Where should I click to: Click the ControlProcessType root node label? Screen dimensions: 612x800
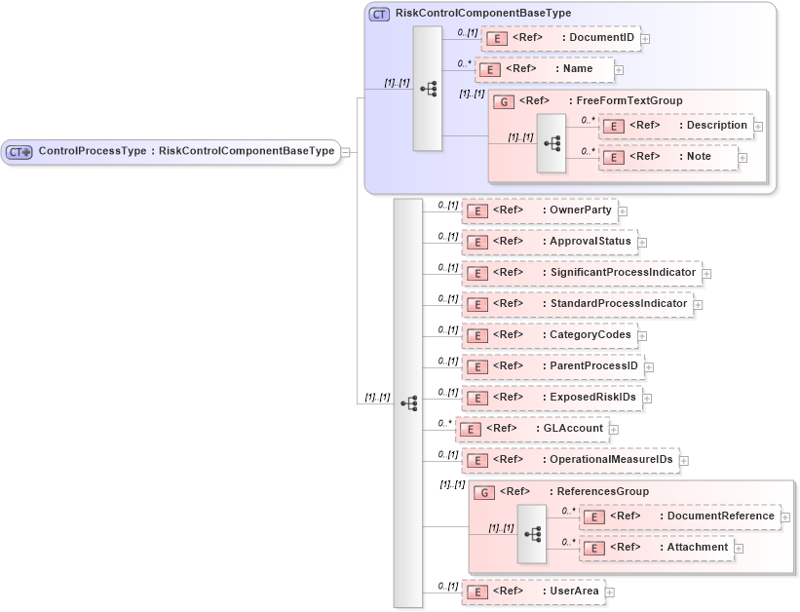[185, 151]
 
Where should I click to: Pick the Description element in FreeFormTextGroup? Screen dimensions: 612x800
[675, 126]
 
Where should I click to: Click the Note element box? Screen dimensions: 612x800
[667, 157]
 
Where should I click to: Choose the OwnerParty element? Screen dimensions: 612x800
[539, 210]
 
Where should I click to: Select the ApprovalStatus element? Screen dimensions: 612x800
[549, 242]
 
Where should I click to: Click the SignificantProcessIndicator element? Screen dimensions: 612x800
[581, 273]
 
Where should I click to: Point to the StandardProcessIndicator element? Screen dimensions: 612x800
[576, 304]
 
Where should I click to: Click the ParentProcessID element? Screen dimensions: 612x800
[552, 366]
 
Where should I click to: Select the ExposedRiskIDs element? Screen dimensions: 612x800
[551, 398]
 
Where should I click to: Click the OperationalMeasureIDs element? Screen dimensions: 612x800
[568, 460]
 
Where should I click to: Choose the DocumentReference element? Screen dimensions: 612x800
[680, 516]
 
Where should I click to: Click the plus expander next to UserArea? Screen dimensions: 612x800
[610, 592]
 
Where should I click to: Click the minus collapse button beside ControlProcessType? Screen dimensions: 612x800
[346, 151]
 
